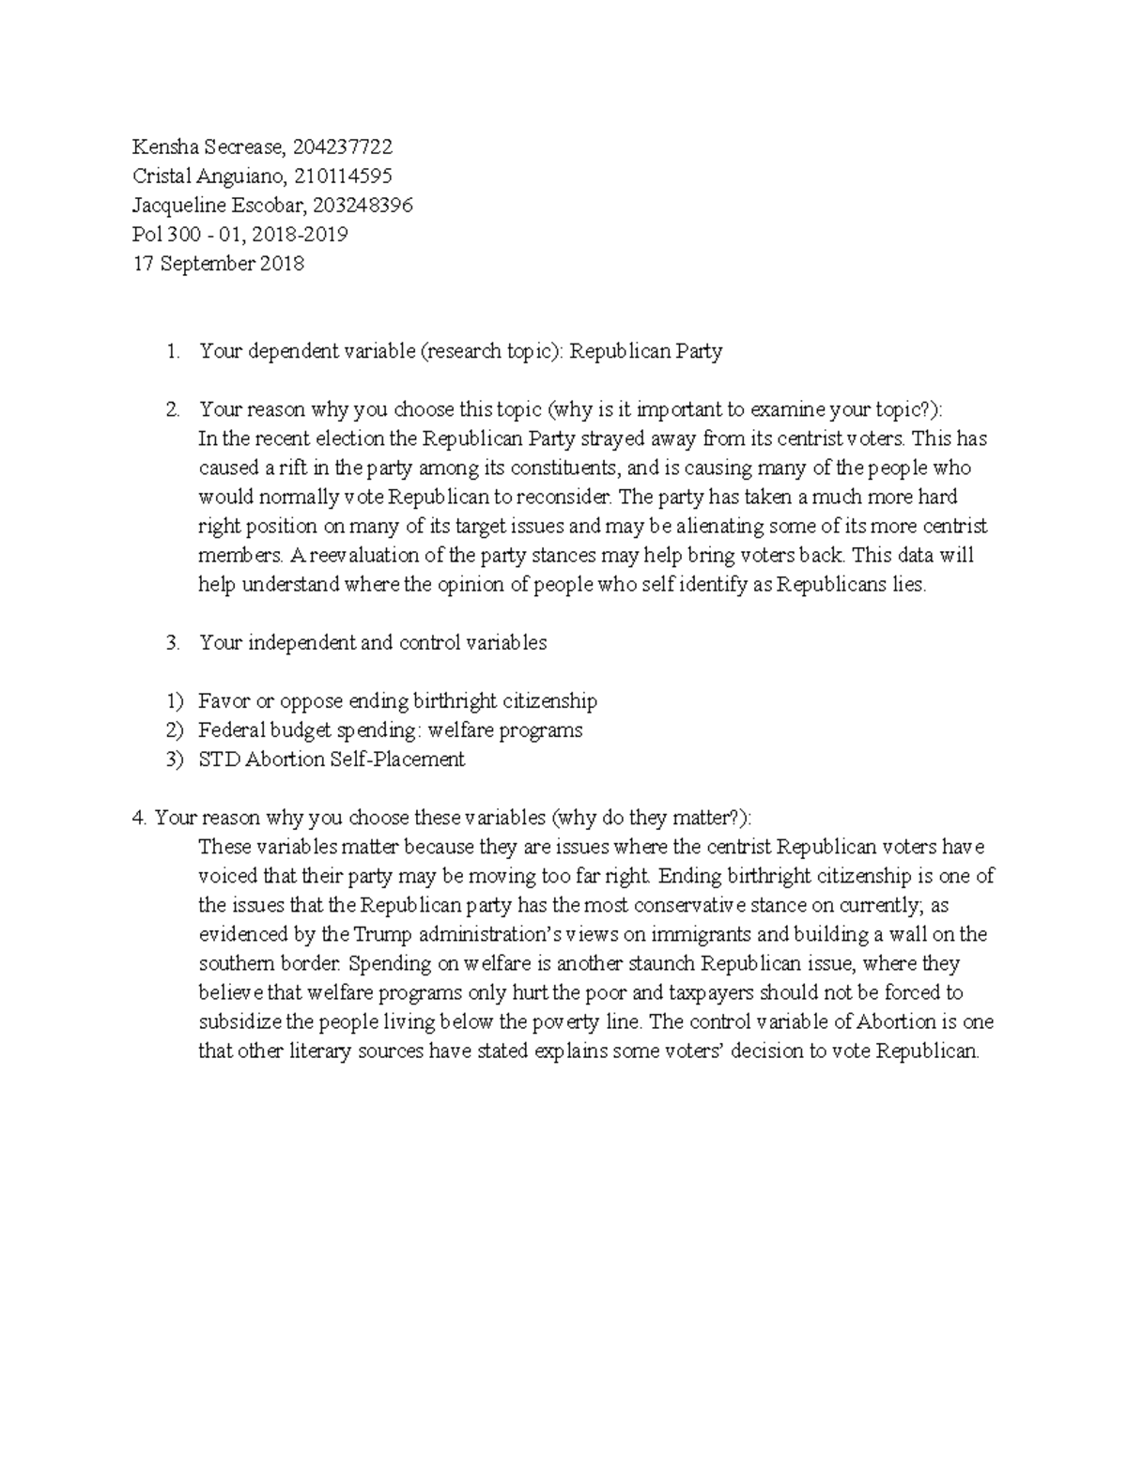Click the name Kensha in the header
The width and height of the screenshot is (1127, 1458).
click(161, 146)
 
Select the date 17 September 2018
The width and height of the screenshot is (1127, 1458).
click(218, 264)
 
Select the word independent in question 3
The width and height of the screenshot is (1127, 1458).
click(297, 643)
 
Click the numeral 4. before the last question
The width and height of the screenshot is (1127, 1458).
click(141, 818)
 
